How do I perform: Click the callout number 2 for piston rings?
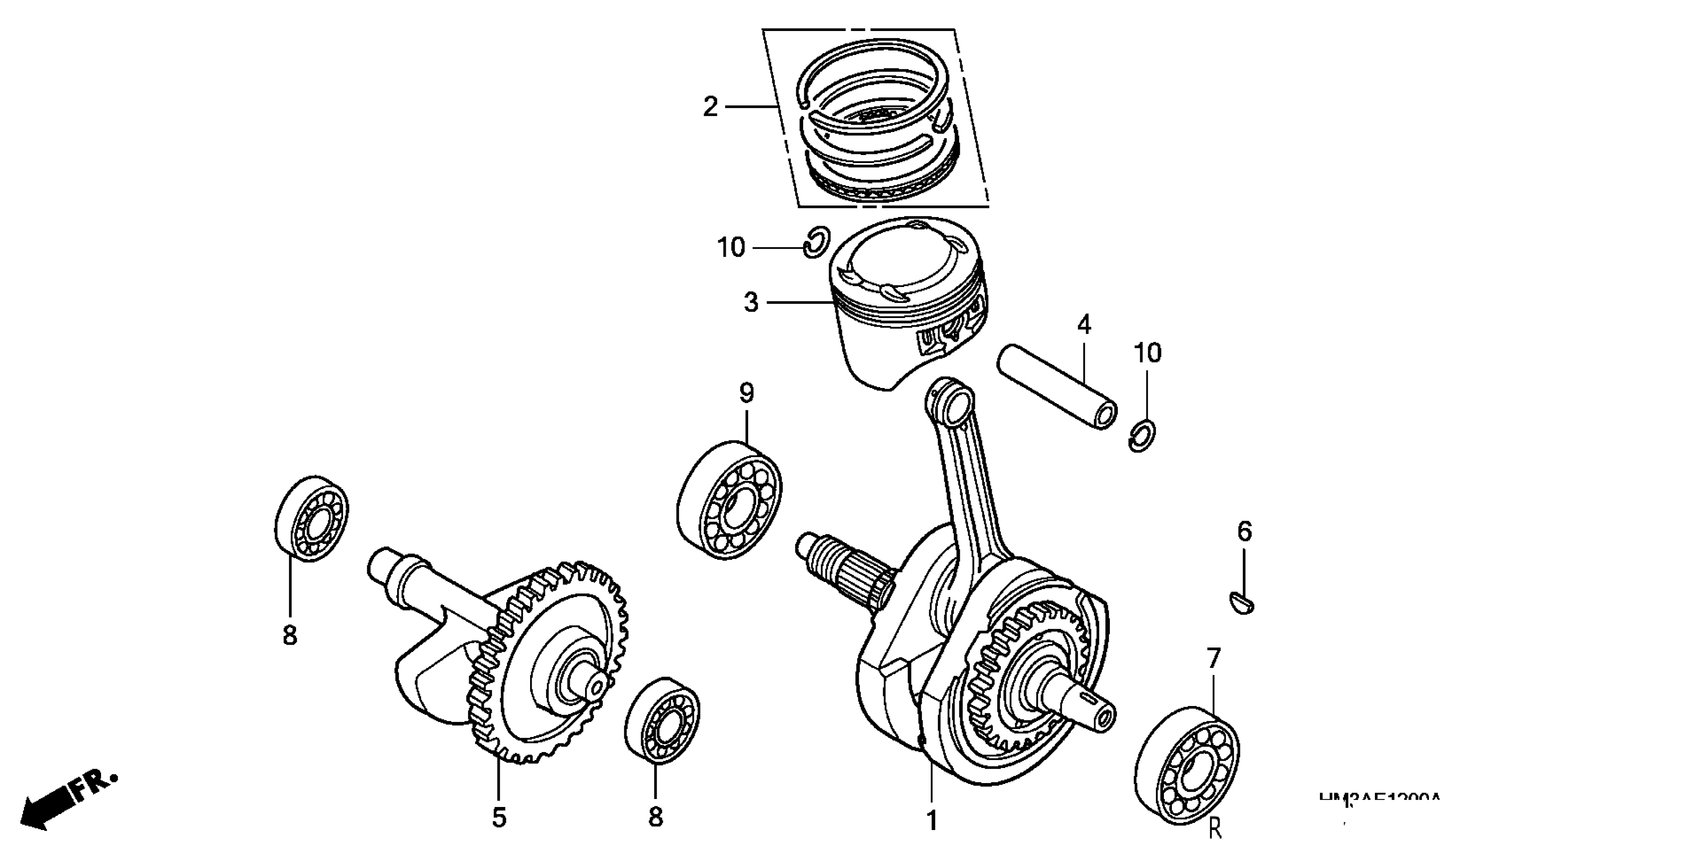click(x=710, y=106)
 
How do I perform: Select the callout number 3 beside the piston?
click(x=751, y=302)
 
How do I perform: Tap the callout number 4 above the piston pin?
click(x=1084, y=324)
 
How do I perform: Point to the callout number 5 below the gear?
click(x=499, y=817)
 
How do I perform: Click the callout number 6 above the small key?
click(x=1244, y=531)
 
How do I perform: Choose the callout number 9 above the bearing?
click(x=746, y=393)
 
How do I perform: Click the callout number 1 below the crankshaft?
click(x=932, y=820)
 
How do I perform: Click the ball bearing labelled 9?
click(x=729, y=500)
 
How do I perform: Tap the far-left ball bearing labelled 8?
click(x=311, y=519)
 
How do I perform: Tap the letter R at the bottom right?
click(x=1214, y=829)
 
